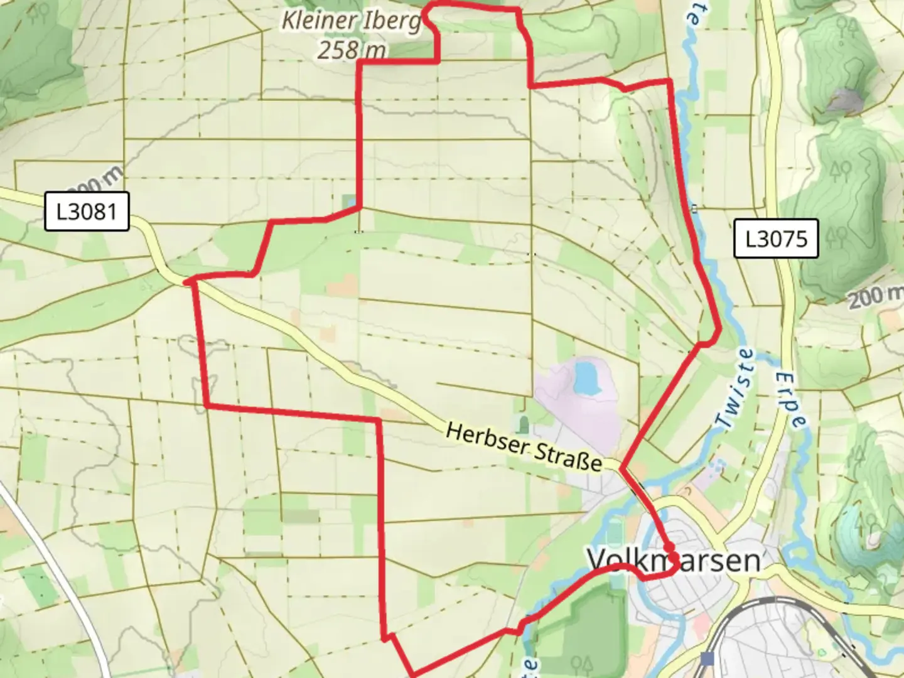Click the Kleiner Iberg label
click(350, 21)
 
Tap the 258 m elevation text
click(350, 49)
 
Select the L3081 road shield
click(87, 212)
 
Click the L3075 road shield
click(776, 239)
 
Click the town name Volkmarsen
click(674, 560)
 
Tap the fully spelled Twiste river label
click(738, 389)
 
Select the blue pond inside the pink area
click(585, 377)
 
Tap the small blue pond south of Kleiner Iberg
click(349, 202)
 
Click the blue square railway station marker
click(708, 659)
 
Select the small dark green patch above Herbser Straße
click(524, 425)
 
